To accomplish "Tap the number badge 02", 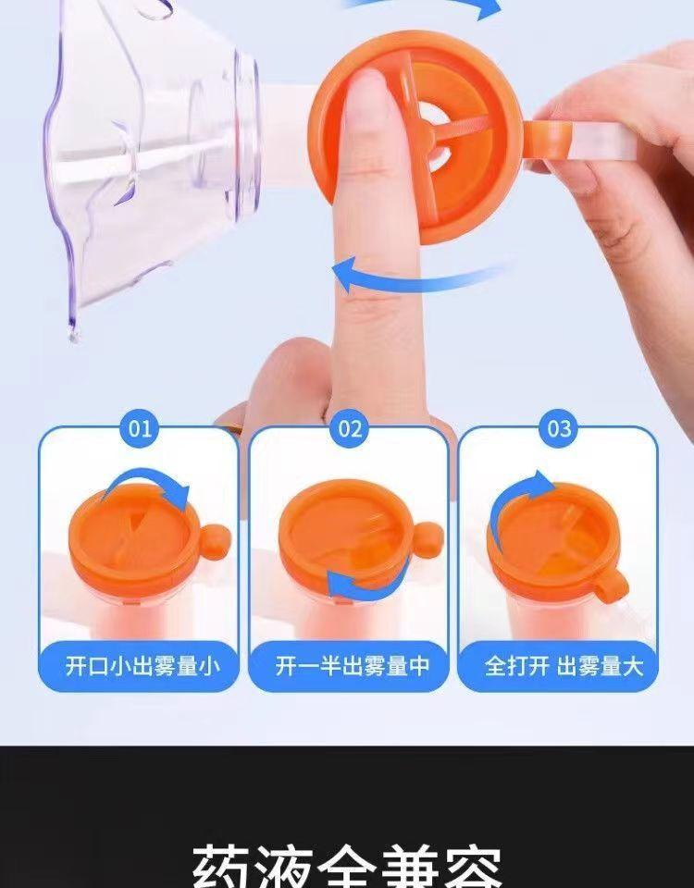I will (x=350, y=428).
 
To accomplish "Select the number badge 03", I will (x=560, y=428).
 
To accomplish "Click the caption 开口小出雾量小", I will (x=139, y=666).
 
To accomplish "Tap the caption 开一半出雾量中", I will (x=350, y=666).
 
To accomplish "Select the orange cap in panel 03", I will (x=551, y=541).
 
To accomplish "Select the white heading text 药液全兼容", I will (x=347, y=865).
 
